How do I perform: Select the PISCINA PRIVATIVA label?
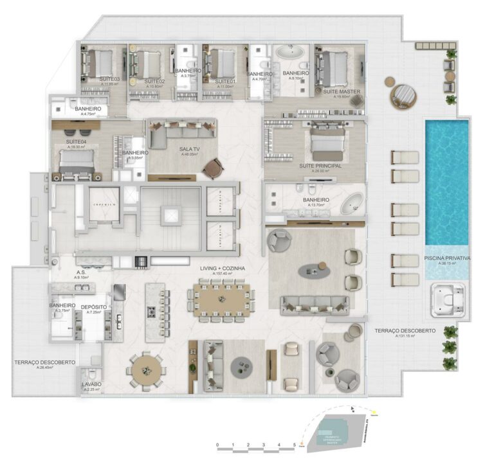click(448, 258)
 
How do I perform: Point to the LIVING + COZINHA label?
click(223, 268)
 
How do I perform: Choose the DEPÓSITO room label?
click(94, 307)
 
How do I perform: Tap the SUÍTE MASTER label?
click(342, 93)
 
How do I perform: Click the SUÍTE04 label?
click(76, 141)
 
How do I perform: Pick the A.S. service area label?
click(82, 272)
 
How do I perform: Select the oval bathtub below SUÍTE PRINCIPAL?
click(352, 207)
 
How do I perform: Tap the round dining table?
click(147, 369)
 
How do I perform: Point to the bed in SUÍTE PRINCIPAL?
click(328, 143)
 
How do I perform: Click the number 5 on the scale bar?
click(294, 445)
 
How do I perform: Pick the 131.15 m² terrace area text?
click(404, 337)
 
